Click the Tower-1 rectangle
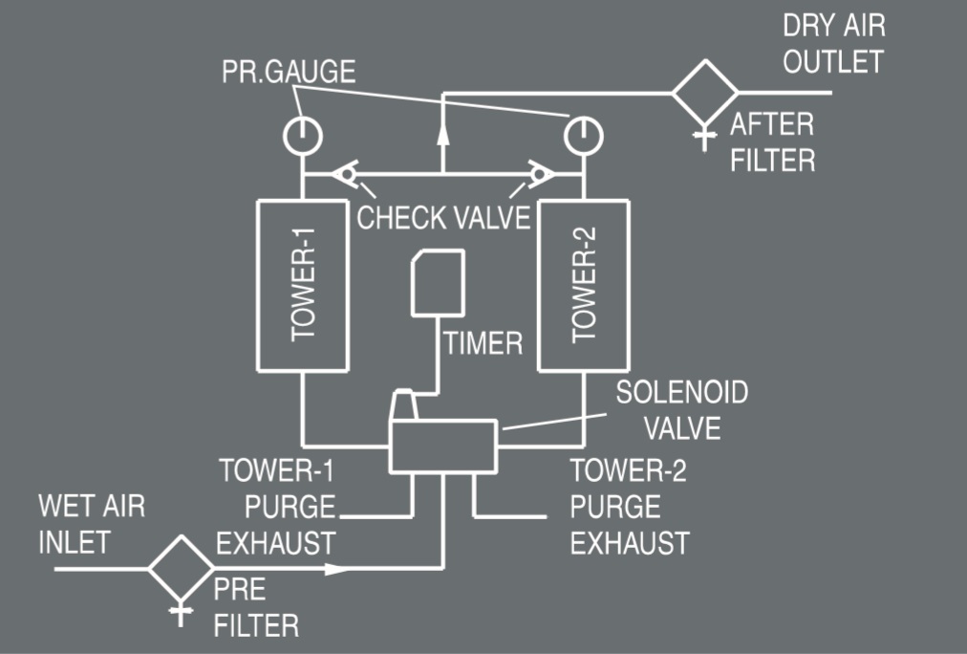(302, 284)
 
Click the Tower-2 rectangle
(583, 284)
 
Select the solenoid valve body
(442, 446)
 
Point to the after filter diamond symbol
(705, 93)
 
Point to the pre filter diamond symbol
(181, 569)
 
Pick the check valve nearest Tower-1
(346, 174)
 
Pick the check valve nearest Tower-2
(541, 174)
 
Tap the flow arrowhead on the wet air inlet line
(334, 569)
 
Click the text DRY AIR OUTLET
(832, 44)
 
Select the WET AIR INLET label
(92, 523)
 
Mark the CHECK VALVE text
(443, 217)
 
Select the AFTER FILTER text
(773, 141)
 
